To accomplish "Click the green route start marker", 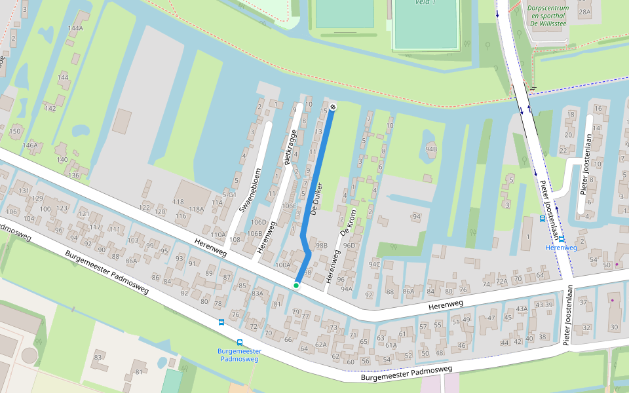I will [296, 285].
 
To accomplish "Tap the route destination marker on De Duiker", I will [334, 106].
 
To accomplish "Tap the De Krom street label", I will [347, 224].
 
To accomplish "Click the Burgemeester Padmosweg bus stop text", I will [239, 355].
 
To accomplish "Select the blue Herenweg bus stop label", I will [561, 248].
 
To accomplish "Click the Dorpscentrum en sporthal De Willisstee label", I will [548, 16].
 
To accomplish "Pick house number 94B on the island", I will [430, 149].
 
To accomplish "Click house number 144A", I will [75, 28].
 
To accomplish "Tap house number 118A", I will [197, 209].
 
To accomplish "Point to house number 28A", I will [585, 12].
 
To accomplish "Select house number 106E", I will [289, 206].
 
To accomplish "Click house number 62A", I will [320, 345].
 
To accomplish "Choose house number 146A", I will [30, 145].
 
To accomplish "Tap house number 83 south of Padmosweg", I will [98, 357].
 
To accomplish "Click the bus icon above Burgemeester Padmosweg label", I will [240, 342].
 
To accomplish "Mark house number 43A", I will [522, 309].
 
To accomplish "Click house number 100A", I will [282, 265].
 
